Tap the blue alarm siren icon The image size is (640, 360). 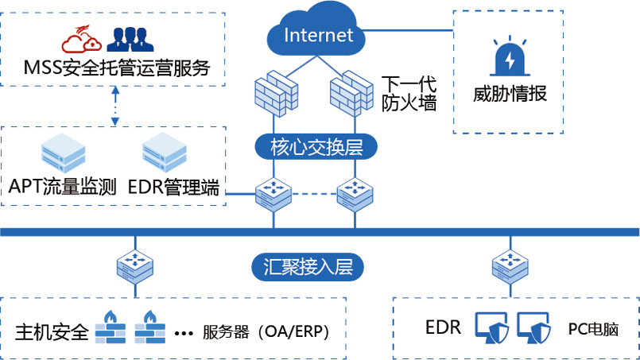509,57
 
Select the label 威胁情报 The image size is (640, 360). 510,94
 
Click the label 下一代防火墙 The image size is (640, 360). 407,92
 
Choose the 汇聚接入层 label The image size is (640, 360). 312,266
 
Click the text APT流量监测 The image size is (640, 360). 63,188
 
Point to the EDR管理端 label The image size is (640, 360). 173,188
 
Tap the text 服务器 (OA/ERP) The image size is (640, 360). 266,331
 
